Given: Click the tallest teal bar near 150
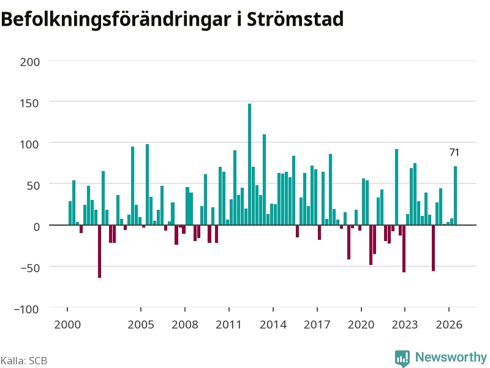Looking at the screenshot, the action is coord(249,164).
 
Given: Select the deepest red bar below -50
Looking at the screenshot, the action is coord(99,251).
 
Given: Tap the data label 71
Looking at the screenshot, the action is coord(454,152).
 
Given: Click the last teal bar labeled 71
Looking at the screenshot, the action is coord(455,196).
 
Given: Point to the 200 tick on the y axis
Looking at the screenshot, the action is coord(30,62).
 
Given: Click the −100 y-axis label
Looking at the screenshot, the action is coord(27,309).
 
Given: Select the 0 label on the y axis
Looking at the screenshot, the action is coord(37,226).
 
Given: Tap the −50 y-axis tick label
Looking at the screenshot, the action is coord(30,268).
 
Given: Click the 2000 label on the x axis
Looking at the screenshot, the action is coord(67,324).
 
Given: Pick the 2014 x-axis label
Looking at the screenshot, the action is coord(273,324).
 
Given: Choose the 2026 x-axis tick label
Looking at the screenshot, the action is coord(449,324).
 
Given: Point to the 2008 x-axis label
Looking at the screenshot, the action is coord(185,324).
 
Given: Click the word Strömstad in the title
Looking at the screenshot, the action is coord(295,19).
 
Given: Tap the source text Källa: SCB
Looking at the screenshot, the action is coord(24,361).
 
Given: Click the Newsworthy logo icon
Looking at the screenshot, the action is coord(402,358).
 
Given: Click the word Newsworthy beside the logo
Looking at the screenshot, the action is coord(451,357).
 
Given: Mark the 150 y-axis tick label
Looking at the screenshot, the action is coord(29,103).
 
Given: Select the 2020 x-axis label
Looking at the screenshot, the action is coord(361,324).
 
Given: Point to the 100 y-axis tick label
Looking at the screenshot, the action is coord(29,144).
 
